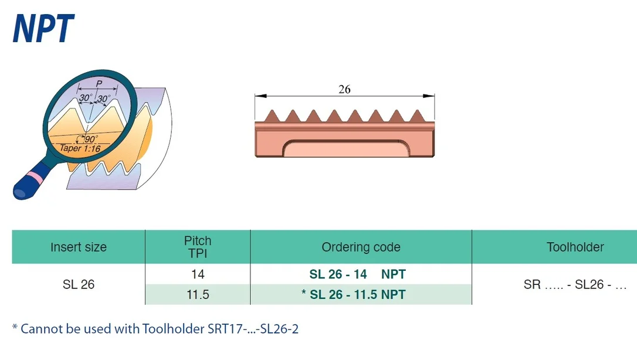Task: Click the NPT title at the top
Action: [43, 28]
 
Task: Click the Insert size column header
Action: [79, 247]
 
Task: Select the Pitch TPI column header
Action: [198, 247]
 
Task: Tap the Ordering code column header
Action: [361, 247]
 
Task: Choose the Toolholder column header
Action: [575, 247]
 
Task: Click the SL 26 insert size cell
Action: [79, 284]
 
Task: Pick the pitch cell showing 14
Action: [198, 274]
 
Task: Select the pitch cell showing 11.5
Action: [198, 295]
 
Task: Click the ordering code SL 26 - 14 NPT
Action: [357, 274]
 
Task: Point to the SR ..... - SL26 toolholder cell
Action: [575, 284]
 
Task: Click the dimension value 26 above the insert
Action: [344, 89]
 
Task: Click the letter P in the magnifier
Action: [99, 84]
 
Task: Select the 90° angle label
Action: [91, 139]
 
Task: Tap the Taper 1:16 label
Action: [80, 148]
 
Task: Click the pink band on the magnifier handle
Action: [33, 178]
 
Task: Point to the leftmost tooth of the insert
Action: [272, 116]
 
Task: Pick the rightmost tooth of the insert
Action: [417, 116]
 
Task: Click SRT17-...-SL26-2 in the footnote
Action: [253, 329]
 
